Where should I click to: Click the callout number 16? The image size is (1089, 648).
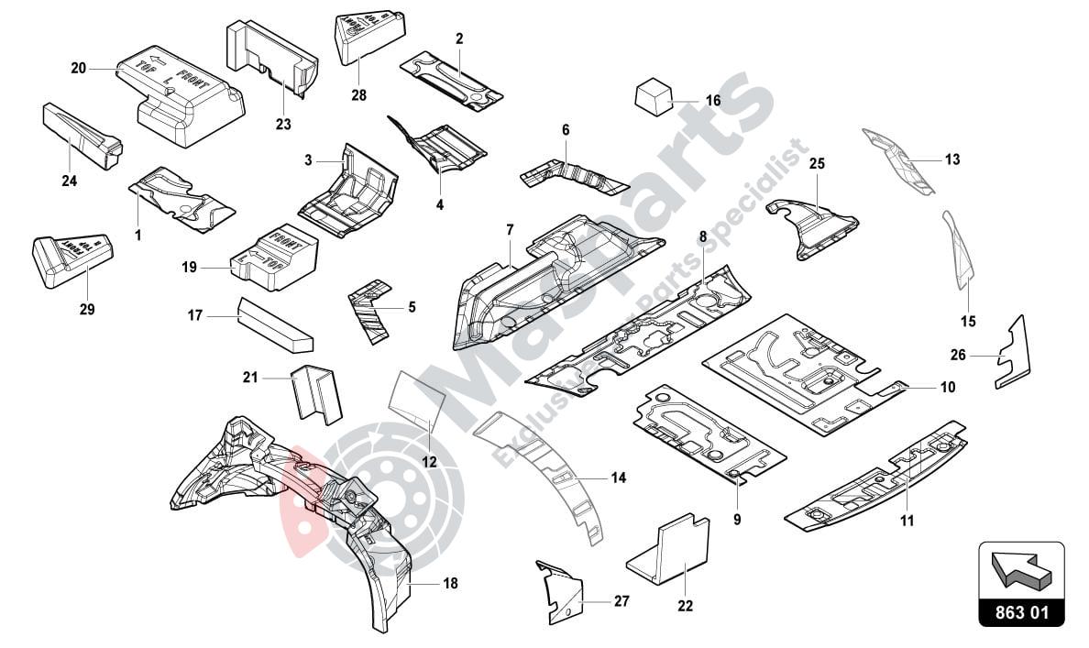click(712, 100)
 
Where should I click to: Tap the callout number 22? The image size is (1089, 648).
click(685, 606)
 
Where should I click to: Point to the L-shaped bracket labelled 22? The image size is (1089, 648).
click(674, 550)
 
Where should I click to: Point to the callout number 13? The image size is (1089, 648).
click(952, 159)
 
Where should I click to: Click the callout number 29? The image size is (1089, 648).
click(86, 310)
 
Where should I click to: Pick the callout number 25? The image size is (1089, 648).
click(817, 164)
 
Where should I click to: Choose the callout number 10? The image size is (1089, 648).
click(947, 388)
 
